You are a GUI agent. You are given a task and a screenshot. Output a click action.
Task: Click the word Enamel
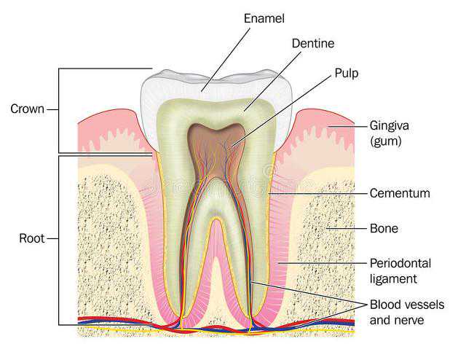tap(264, 17)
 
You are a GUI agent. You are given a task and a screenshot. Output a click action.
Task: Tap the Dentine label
tap(313, 43)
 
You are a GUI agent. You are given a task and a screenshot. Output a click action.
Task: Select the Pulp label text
tap(347, 73)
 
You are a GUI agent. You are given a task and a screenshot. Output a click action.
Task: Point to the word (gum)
tap(386, 141)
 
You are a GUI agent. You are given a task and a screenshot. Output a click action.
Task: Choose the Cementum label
tap(400, 193)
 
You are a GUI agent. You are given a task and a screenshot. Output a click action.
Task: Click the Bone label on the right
tap(384, 228)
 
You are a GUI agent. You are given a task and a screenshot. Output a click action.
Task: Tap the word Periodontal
tap(400, 262)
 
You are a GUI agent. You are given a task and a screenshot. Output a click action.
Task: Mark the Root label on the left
tap(31, 238)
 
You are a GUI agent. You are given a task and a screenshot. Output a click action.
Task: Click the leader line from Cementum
tap(320, 193)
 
